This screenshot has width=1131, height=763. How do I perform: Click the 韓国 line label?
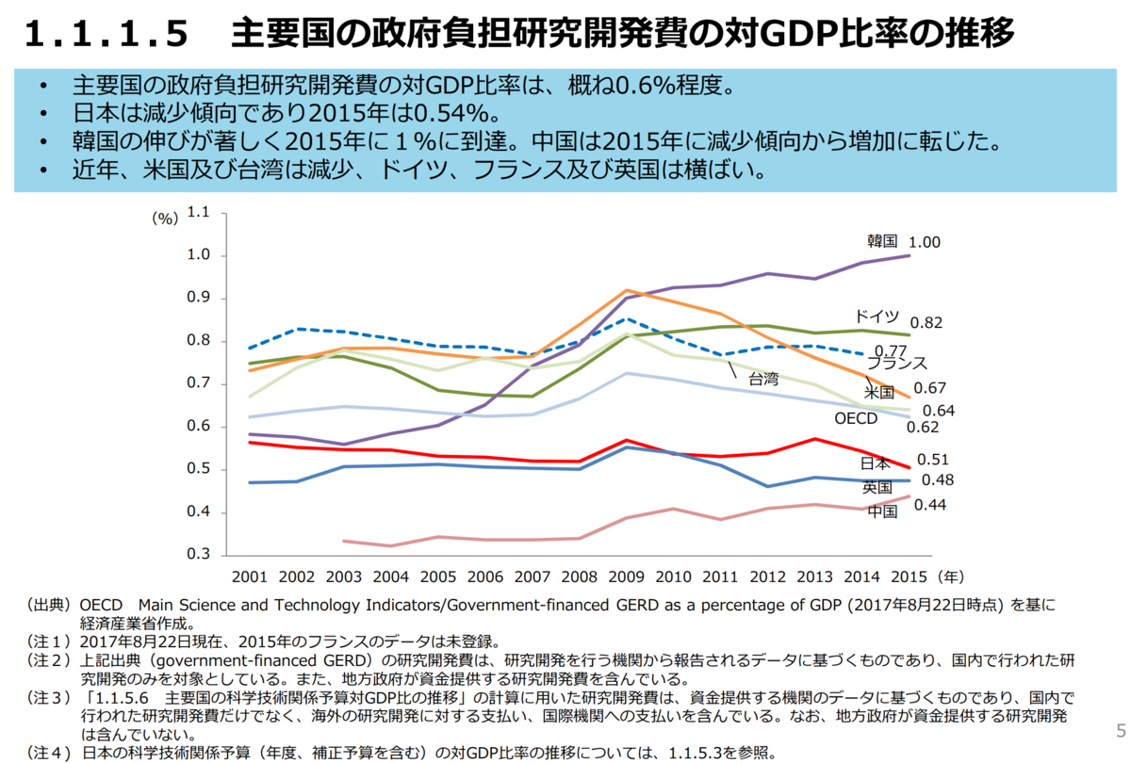(x=881, y=240)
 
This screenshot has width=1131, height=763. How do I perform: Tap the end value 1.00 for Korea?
(x=925, y=242)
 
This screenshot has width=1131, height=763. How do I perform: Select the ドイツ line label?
(x=877, y=317)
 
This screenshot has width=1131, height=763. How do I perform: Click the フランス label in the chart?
(x=896, y=363)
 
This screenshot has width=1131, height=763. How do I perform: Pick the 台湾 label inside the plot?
(x=763, y=380)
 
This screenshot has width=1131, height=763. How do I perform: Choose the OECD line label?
(x=856, y=417)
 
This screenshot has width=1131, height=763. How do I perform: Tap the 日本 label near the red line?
(x=877, y=463)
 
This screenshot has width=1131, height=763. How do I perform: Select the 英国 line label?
(x=877, y=487)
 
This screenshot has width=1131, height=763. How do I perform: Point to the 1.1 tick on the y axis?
(x=198, y=213)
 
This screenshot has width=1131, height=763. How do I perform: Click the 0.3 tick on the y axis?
(x=198, y=555)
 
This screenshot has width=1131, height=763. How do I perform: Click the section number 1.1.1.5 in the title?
(x=105, y=35)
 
